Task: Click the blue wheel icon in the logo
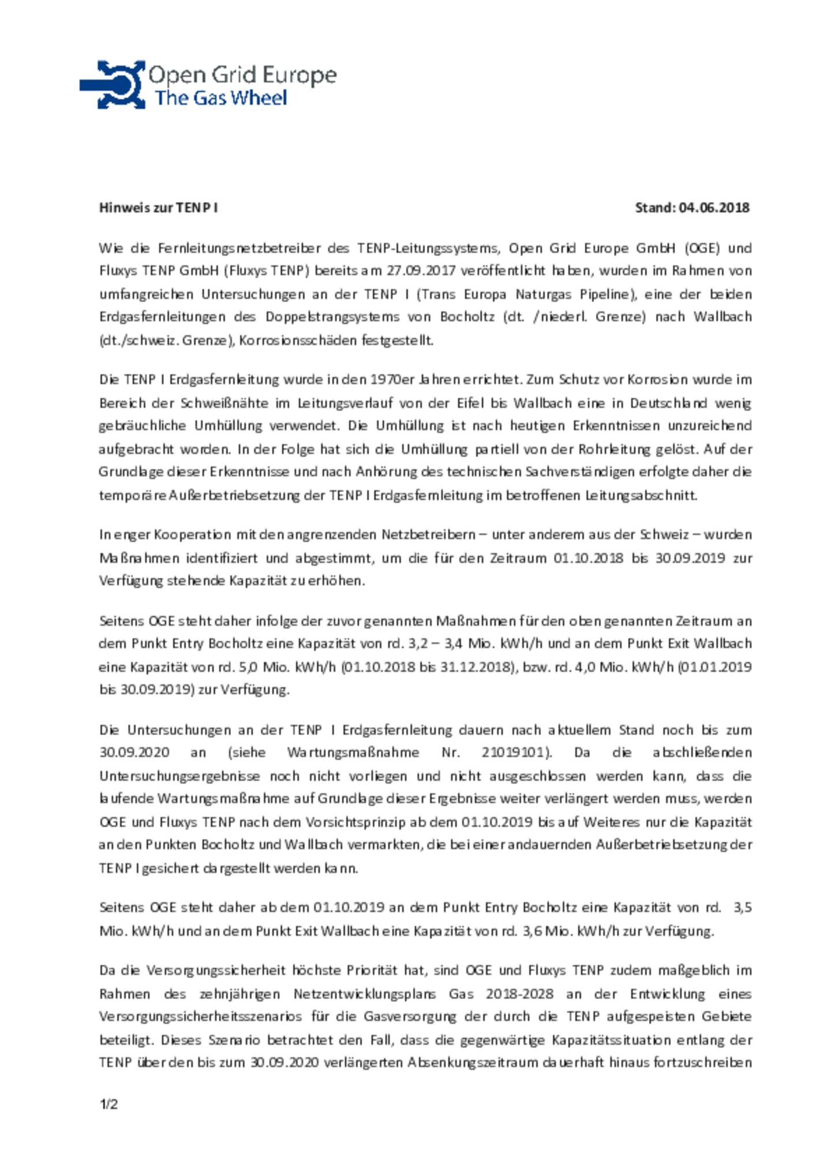(x=113, y=84)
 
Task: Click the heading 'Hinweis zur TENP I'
(x=158, y=208)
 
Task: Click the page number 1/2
(x=108, y=1104)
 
